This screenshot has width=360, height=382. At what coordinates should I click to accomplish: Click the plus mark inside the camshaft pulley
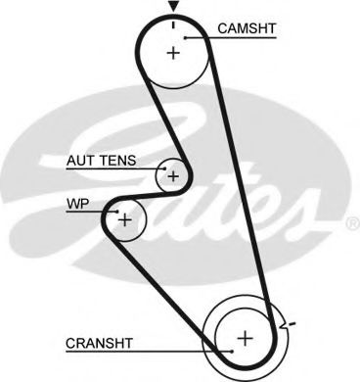click(x=173, y=52)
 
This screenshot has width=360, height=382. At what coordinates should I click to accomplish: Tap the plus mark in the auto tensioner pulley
click(x=173, y=176)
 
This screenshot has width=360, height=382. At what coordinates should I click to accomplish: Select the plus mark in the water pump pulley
click(x=124, y=220)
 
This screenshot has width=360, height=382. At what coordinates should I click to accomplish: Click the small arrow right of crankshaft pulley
click(x=285, y=322)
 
